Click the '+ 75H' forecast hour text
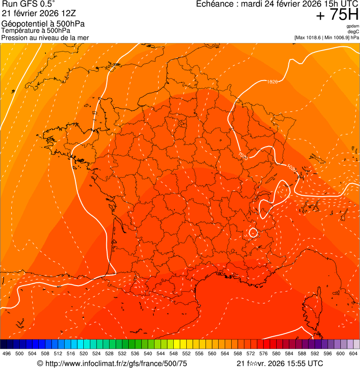337,15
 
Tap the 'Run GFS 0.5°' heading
28,4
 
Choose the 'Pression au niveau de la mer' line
45,37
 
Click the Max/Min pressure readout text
326,37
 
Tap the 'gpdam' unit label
353,26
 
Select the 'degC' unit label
353,32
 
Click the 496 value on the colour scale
7,354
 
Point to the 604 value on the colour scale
353,354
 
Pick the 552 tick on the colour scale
186,354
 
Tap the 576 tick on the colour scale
263,354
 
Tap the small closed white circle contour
253,232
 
